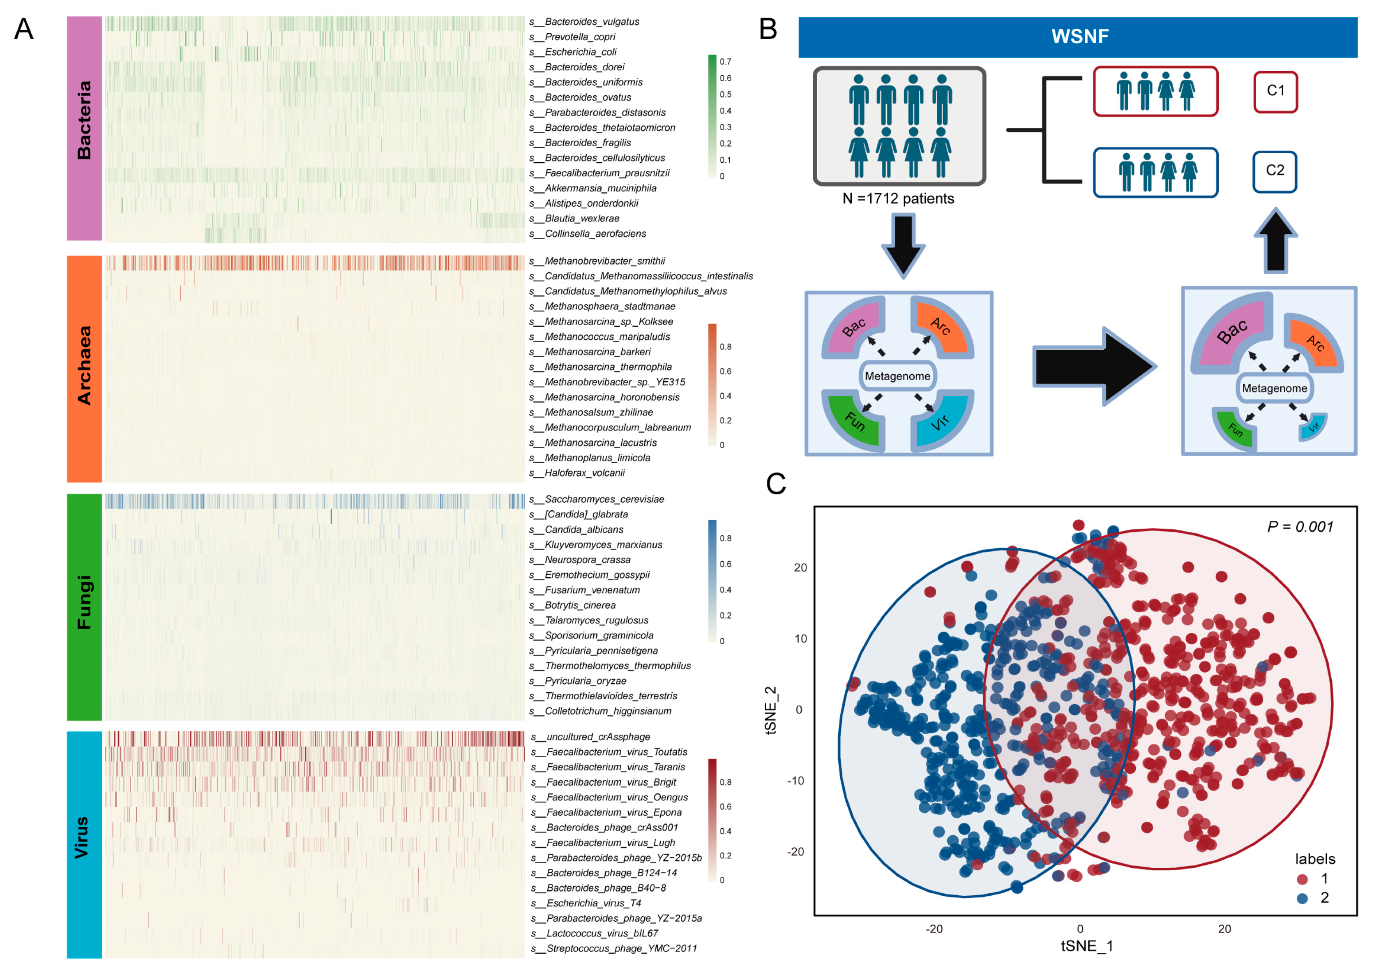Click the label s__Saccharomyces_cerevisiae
[x=596, y=499]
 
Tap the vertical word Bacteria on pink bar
[x=84, y=120]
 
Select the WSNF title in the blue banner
[x=1080, y=37]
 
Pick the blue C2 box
[x=1275, y=171]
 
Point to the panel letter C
[x=776, y=484]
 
